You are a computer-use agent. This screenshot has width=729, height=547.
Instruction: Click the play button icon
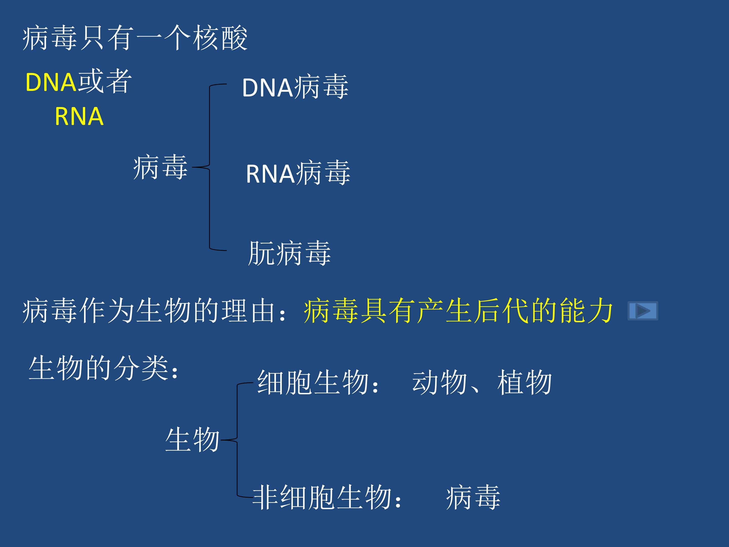(x=643, y=310)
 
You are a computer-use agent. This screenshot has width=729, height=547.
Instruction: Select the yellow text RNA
(x=79, y=116)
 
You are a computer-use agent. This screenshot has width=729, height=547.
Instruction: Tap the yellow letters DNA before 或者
(x=51, y=82)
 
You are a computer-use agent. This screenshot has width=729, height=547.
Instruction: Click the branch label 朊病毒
(x=289, y=253)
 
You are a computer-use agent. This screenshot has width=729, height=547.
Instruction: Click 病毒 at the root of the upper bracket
(x=160, y=167)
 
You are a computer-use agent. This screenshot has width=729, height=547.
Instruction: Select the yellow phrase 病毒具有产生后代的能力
(x=458, y=310)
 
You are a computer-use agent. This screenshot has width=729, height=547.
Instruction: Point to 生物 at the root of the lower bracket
(x=192, y=440)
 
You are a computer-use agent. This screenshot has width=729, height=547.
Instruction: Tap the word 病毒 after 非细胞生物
(x=473, y=497)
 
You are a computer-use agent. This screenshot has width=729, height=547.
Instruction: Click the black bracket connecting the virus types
(x=210, y=167)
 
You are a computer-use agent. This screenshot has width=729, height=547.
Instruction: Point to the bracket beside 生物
(x=237, y=440)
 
